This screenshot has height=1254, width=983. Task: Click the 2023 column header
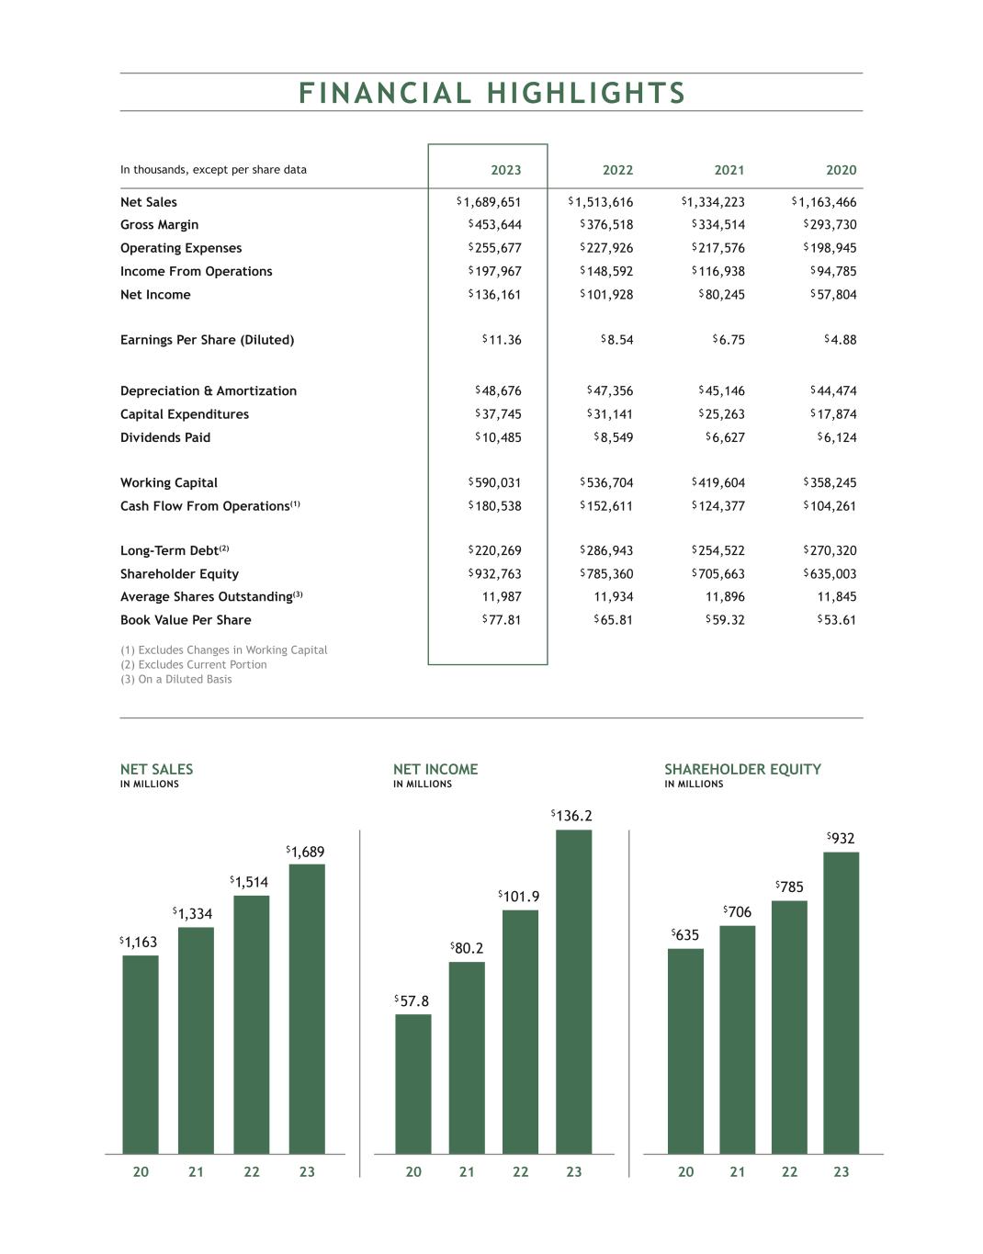click(x=505, y=170)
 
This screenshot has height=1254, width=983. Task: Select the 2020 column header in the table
click(x=841, y=170)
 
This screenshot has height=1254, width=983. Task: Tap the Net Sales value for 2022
click(x=601, y=202)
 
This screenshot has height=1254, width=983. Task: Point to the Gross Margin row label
click(x=159, y=225)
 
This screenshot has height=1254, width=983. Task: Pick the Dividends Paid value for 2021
click(x=725, y=438)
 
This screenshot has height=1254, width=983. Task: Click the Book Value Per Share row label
click(x=186, y=620)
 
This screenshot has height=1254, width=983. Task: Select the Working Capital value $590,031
click(x=494, y=483)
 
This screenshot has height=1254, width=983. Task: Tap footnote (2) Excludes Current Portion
click(x=194, y=665)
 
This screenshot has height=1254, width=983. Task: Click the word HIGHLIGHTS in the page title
click(x=586, y=94)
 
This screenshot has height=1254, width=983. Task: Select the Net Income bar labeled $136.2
click(x=573, y=991)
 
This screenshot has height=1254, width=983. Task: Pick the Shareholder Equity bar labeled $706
click(x=737, y=1039)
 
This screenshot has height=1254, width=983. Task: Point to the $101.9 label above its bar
click(x=519, y=897)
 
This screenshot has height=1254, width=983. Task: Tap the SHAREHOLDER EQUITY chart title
click(x=742, y=770)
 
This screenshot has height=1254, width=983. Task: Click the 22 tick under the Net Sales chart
click(x=252, y=1172)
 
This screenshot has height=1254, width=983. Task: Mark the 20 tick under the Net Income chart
click(x=413, y=1172)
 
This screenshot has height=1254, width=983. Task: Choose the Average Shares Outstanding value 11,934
click(x=614, y=597)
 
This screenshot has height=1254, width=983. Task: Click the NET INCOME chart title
click(x=435, y=770)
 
